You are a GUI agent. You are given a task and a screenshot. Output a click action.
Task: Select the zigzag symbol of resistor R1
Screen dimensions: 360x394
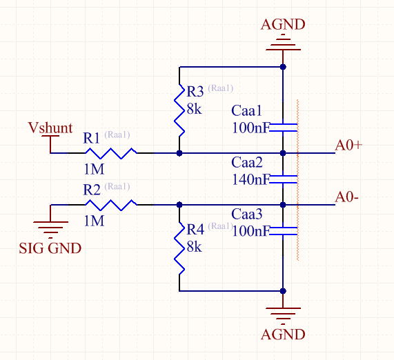tap(110, 153)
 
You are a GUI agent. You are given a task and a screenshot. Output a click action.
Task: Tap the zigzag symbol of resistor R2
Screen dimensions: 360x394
tap(110, 204)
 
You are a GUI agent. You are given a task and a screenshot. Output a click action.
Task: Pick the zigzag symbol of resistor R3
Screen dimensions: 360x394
tap(179, 110)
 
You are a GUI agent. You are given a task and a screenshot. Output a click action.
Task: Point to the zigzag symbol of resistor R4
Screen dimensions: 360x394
tap(179, 248)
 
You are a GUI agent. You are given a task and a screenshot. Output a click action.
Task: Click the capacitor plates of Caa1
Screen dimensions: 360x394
tap(283, 127)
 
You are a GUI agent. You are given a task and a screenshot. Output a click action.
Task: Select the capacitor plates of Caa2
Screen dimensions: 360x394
tap(283, 179)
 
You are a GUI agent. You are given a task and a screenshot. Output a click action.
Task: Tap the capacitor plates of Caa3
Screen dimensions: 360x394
tap(283, 230)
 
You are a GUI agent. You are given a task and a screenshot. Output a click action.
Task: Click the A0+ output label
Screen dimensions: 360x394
tap(349, 145)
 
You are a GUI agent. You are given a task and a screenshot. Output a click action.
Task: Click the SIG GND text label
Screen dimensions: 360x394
tap(50, 248)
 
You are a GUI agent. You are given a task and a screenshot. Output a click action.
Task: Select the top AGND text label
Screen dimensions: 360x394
tap(283, 26)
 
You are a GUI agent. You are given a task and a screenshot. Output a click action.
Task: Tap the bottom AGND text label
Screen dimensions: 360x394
tap(283, 334)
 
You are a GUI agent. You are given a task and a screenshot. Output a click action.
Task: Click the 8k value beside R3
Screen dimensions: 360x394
tap(194, 108)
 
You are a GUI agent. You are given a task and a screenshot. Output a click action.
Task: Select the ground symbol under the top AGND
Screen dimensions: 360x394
tap(283, 46)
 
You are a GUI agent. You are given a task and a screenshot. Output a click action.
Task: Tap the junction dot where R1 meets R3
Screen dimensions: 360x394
tap(179, 153)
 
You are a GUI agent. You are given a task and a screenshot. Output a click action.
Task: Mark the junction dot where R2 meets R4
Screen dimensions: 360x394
tap(179, 204)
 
